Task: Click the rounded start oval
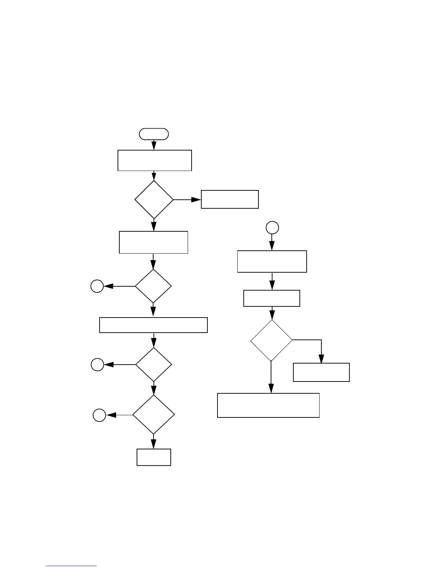click(x=154, y=134)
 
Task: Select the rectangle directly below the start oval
click(x=155, y=161)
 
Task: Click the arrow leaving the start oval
click(x=154, y=145)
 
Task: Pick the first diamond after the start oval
click(x=154, y=199)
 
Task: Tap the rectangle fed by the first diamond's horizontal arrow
click(x=230, y=199)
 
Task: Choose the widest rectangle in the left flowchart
click(x=153, y=325)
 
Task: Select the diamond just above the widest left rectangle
click(x=153, y=286)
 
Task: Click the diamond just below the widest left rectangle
click(x=154, y=365)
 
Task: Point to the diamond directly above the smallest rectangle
click(x=153, y=415)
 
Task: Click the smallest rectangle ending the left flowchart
click(x=154, y=457)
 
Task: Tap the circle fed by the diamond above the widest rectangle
click(x=97, y=286)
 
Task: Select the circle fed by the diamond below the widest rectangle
click(x=97, y=365)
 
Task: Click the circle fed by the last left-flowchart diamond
click(x=100, y=415)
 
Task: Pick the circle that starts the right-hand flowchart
click(x=272, y=227)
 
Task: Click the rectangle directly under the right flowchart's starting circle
click(x=272, y=262)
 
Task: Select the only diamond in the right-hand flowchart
click(x=271, y=340)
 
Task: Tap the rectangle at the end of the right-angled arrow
click(x=321, y=372)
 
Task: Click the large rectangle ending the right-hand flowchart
click(x=269, y=405)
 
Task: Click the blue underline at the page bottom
click(x=71, y=566)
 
